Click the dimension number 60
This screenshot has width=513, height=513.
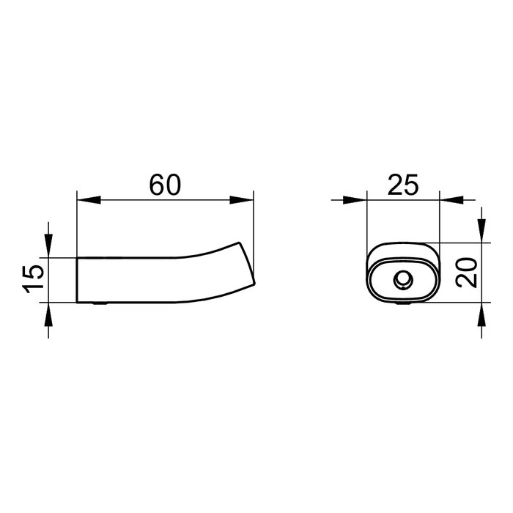pyautogui.click(x=165, y=185)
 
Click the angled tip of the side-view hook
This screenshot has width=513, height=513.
pyautogui.click(x=248, y=265)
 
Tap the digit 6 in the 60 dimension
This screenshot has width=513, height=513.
pyautogui.click(x=155, y=185)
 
